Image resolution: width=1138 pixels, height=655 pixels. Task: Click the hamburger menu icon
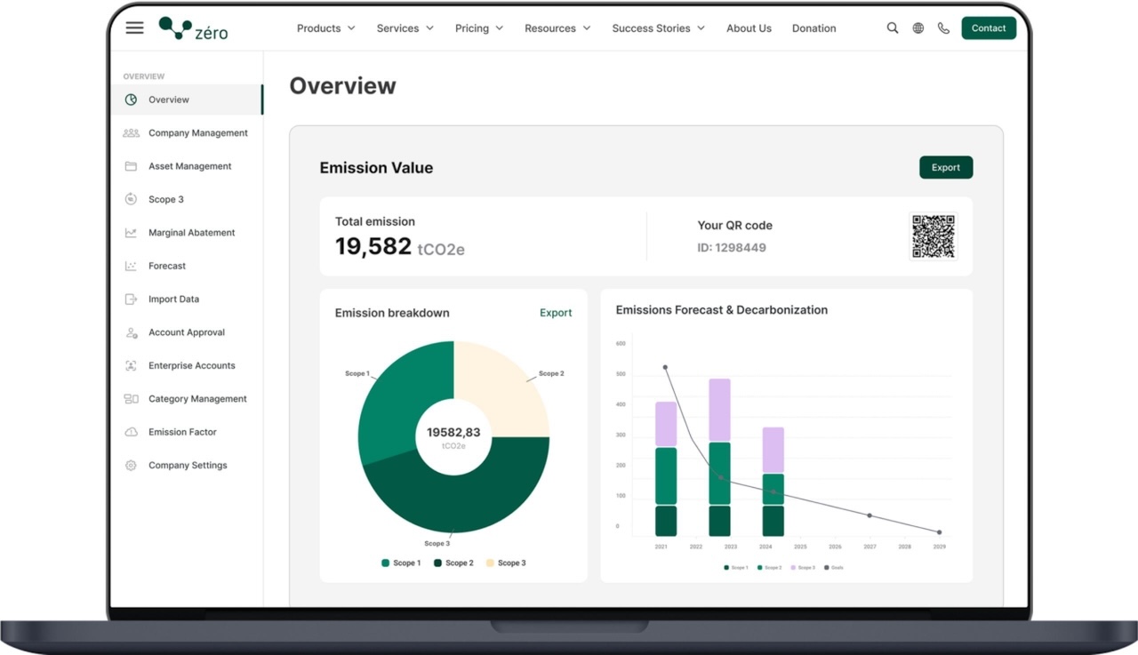pyautogui.click(x=134, y=28)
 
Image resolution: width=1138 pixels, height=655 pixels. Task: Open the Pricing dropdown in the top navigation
pyautogui.click(x=478, y=28)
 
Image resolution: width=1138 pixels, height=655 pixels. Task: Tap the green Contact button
pyautogui.click(x=988, y=28)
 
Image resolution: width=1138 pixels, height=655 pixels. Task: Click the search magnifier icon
pyautogui.click(x=893, y=28)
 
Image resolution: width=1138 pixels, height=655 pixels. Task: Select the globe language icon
pyautogui.click(x=918, y=28)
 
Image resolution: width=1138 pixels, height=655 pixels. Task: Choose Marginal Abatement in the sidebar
pyautogui.click(x=191, y=233)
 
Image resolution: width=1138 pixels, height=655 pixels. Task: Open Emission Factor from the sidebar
pyautogui.click(x=182, y=432)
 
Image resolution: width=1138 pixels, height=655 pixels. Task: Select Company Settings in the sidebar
pyautogui.click(x=188, y=466)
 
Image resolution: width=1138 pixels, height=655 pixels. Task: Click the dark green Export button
pyautogui.click(x=945, y=168)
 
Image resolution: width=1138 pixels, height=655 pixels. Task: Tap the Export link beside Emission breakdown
pyautogui.click(x=556, y=313)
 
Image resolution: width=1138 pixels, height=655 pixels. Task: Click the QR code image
pyautogui.click(x=933, y=236)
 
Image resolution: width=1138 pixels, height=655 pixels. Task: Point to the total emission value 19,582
pyautogui.click(x=373, y=247)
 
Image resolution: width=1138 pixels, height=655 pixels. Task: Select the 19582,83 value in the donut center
pyautogui.click(x=453, y=433)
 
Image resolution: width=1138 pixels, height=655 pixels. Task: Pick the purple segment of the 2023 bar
pyautogui.click(x=719, y=410)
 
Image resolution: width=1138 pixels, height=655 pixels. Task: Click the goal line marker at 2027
pyautogui.click(x=870, y=515)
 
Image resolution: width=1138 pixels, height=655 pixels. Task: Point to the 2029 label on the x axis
pyautogui.click(x=939, y=547)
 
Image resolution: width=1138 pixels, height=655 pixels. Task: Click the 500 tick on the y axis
pyautogui.click(x=621, y=374)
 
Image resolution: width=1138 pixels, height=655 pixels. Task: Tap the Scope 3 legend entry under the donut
pyautogui.click(x=506, y=563)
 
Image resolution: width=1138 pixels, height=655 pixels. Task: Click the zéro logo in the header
pyautogui.click(x=193, y=28)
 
